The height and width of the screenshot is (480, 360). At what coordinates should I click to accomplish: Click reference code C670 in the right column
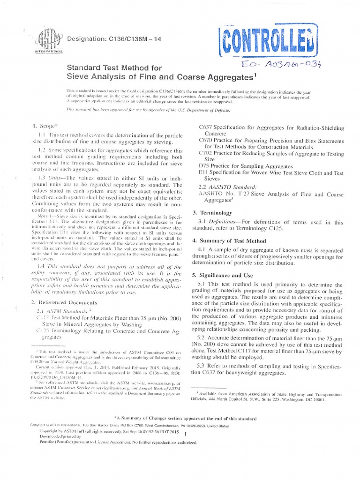click(x=205, y=140)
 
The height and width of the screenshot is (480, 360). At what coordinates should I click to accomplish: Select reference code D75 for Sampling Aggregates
click(x=204, y=166)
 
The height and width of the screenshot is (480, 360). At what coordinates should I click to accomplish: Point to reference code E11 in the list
click(x=204, y=172)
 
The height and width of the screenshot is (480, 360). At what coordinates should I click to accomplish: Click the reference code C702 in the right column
click(x=206, y=153)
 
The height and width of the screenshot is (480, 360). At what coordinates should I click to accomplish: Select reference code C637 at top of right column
click(x=206, y=127)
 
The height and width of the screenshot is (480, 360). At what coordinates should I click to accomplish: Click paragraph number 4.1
click(x=202, y=250)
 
